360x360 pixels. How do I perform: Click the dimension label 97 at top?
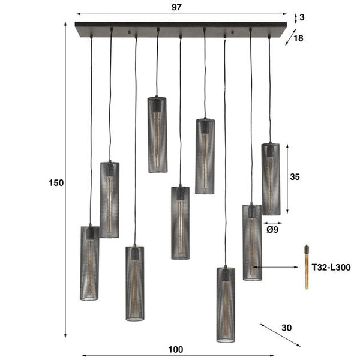[x=176, y=7]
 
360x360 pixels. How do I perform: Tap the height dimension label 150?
[x=56, y=183]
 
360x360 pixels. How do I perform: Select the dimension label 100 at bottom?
[x=176, y=350]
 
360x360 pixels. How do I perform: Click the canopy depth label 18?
[x=298, y=38]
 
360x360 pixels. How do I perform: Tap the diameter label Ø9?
[x=271, y=229]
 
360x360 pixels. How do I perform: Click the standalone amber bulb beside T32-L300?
[x=306, y=267]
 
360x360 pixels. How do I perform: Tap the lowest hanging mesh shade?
[x=226, y=305]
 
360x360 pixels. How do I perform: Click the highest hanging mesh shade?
[x=157, y=134]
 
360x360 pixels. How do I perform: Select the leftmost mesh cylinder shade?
[x=89, y=262]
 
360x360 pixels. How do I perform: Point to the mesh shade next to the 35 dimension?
[x=271, y=179]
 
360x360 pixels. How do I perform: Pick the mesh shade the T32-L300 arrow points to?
[x=252, y=242]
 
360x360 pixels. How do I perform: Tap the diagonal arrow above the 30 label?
[x=280, y=335]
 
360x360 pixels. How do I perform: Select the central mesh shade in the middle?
[x=180, y=223]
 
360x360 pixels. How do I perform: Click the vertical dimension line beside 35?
[x=289, y=178]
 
